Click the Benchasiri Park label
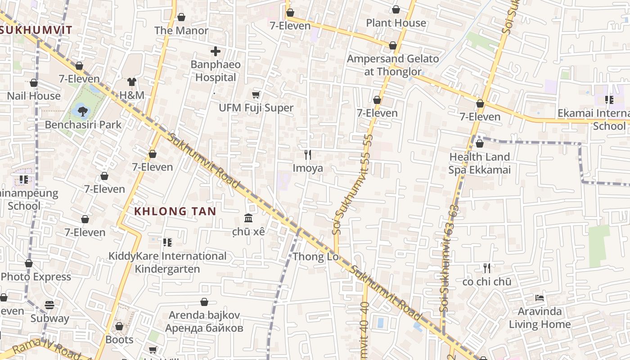[83, 125]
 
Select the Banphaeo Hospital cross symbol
[216, 51]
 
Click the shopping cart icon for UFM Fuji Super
[256, 94]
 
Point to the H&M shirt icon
[131, 82]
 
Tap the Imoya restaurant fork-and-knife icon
[308, 155]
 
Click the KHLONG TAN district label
[175, 211]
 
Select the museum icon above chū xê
[248, 218]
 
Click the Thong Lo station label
[315, 257]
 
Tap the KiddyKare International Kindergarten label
[167, 262]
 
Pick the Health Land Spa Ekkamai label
[479, 163]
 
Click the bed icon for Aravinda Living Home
[539, 298]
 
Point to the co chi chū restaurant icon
[486, 269]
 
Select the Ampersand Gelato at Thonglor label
[393, 65]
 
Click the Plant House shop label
[396, 23]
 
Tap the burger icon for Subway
[49, 305]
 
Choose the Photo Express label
[36, 277]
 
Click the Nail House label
[34, 96]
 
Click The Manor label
[181, 31]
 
